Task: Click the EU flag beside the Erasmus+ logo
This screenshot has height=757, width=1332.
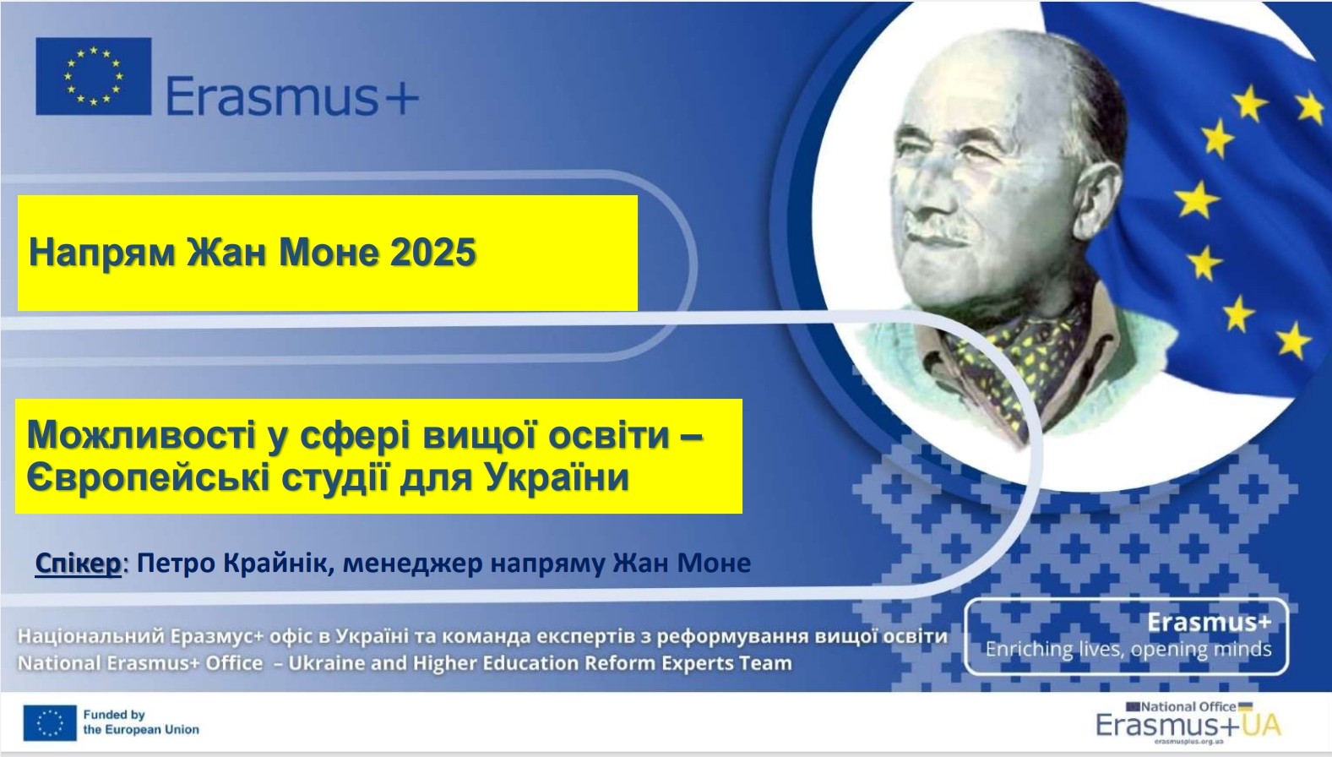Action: (x=94, y=76)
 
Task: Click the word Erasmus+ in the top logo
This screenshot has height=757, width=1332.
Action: (x=292, y=95)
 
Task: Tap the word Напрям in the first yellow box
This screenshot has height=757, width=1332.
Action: (x=102, y=253)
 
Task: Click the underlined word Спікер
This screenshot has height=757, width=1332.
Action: (x=78, y=563)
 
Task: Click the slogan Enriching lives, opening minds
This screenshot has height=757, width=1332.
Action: (x=1128, y=649)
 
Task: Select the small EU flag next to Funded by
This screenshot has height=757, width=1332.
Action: (x=50, y=723)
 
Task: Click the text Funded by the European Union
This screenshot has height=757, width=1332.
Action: (x=141, y=722)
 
